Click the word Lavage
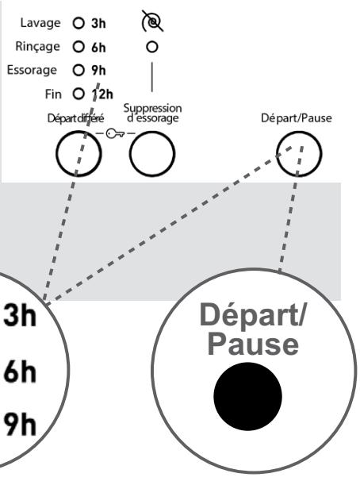[x=40, y=24]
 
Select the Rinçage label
[x=37, y=47]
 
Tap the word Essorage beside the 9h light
[x=32, y=71]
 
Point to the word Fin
[x=53, y=94]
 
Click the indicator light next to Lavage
[x=79, y=23]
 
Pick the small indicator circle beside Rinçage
[x=79, y=47]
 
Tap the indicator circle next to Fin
[x=79, y=94]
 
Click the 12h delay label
[x=102, y=94]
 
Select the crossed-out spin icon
[x=152, y=21]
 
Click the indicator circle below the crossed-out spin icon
[x=152, y=48]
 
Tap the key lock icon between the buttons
[x=115, y=133]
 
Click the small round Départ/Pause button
[x=299, y=153]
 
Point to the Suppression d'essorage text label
[x=152, y=114]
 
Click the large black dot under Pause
[x=247, y=396]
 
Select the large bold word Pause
[x=253, y=344]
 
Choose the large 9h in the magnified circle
[x=20, y=425]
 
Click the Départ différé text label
[x=75, y=118]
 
